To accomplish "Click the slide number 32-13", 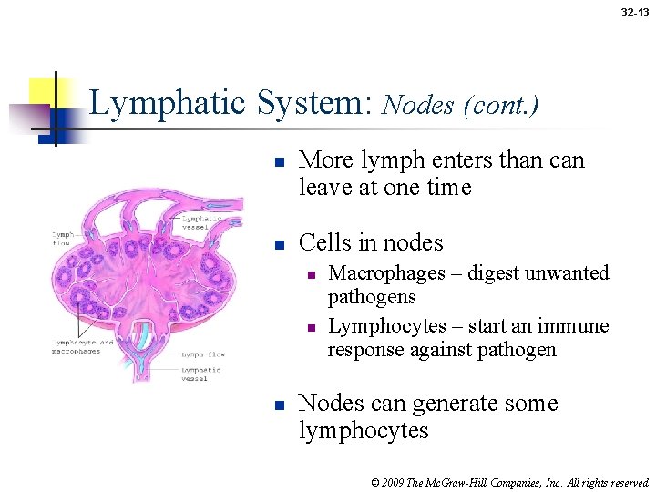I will [635, 13].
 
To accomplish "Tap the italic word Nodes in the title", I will [417, 106].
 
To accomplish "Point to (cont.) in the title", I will [500, 106].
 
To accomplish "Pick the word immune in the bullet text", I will [574, 326].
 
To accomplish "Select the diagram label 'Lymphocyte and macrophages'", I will [81, 346].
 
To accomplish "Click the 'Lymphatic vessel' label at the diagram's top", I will [202, 220].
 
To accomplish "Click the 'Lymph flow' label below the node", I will [203, 354].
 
